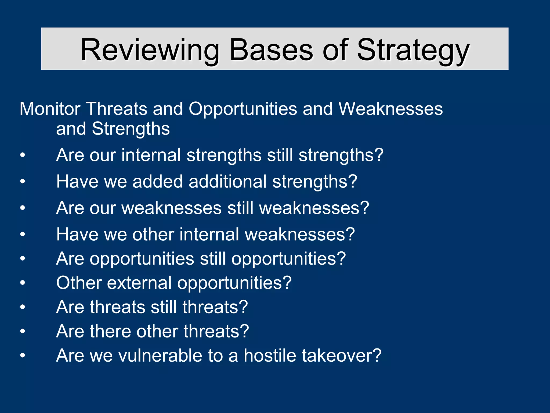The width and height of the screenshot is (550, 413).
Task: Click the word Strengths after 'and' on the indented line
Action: [131, 129]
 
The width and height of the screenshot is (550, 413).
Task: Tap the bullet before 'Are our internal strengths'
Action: [23, 155]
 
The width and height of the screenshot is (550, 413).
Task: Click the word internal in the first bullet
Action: [151, 155]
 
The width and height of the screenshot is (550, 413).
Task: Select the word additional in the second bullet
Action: [227, 181]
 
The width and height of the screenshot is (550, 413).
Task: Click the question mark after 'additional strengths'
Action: [352, 181]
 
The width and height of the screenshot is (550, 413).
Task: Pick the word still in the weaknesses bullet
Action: [240, 208]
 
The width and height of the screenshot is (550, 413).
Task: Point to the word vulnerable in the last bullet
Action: [160, 355]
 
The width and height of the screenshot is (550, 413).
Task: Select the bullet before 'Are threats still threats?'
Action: [23, 307]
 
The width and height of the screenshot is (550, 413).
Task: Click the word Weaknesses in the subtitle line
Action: [390, 109]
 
